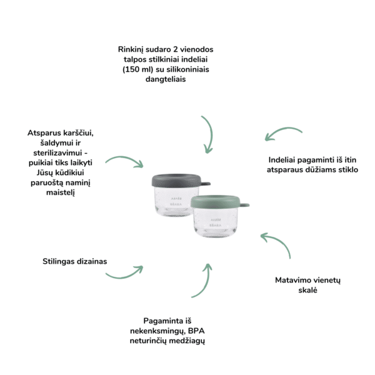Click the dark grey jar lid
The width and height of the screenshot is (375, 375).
click(x=176, y=181)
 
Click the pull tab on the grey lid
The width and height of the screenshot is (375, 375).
click(x=206, y=184)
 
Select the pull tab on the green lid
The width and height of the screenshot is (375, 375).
click(x=244, y=205)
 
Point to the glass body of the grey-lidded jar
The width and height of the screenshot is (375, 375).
click(x=176, y=201)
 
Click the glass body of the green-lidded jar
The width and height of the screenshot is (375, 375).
click(x=216, y=222)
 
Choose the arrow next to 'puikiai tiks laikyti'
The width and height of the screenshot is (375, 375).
click(x=126, y=158)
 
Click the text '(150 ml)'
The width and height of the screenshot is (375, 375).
click(x=138, y=69)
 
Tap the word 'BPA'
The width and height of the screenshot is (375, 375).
click(x=196, y=331)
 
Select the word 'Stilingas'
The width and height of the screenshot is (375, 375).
click(x=59, y=261)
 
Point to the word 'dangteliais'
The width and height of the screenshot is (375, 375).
click(x=166, y=79)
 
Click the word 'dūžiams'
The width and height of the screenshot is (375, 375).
click(x=322, y=170)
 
